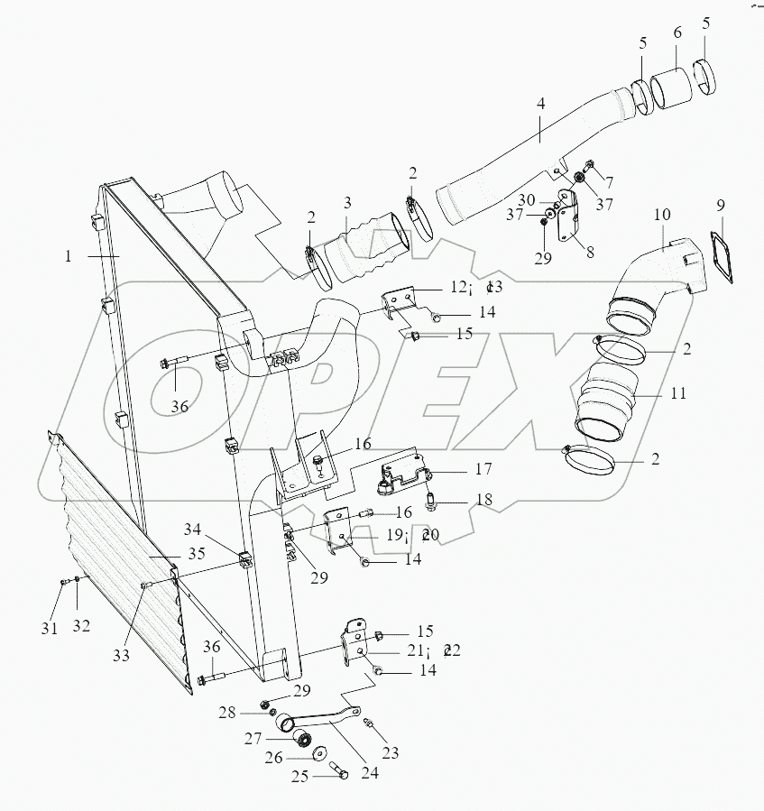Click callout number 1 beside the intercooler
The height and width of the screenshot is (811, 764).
[x=68, y=255]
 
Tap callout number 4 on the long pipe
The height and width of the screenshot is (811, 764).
[x=540, y=105]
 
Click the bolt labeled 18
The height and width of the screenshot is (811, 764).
[x=433, y=497]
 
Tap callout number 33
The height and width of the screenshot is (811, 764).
[x=120, y=656]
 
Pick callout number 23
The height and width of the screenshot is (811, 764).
[x=390, y=752]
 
